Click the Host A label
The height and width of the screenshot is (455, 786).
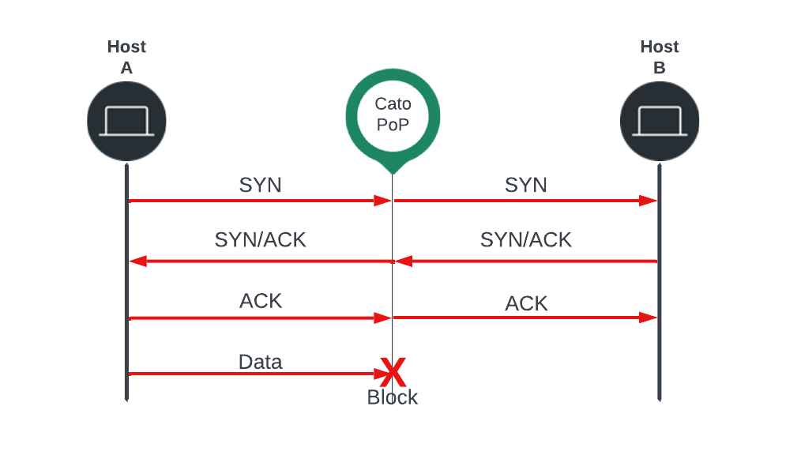126,57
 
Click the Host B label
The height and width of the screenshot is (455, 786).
659,57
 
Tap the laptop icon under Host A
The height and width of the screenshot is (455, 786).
126,121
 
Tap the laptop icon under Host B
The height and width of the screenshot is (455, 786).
659,121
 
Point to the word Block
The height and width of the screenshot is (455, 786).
393,397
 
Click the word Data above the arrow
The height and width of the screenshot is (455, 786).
261,362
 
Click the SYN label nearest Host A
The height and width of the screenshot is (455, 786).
261,185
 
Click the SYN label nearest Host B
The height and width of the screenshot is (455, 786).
526,185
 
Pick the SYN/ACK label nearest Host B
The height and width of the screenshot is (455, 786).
526,239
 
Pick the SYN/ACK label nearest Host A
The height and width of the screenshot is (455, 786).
261,239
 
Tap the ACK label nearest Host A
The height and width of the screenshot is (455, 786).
261,301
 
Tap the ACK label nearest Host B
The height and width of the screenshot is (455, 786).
526,303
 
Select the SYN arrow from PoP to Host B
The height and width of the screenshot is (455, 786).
526,201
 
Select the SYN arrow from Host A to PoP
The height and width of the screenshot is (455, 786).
261,201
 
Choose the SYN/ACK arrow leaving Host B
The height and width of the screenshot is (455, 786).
526,261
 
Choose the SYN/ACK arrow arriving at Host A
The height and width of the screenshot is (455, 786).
261,261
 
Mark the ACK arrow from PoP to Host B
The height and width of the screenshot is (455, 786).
526,318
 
